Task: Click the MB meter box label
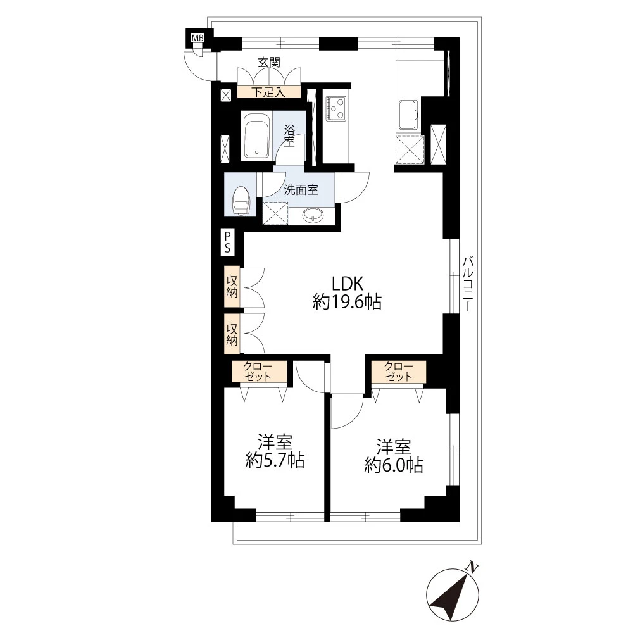[197, 38]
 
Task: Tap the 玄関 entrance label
[269, 62]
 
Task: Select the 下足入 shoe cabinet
[269, 92]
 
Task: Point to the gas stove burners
[336, 109]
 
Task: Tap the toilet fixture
[241, 200]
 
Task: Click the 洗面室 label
[301, 190]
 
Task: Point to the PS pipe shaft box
[228, 242]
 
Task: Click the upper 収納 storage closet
[232, 287]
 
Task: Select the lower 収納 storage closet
[232, 334]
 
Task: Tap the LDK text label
[347, 284]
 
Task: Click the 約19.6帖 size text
[347, 301]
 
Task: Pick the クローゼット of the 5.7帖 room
[259, 372]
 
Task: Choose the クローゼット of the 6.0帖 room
[399, 372]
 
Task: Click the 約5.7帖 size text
[275, 461]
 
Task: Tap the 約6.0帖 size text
[394, 465]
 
